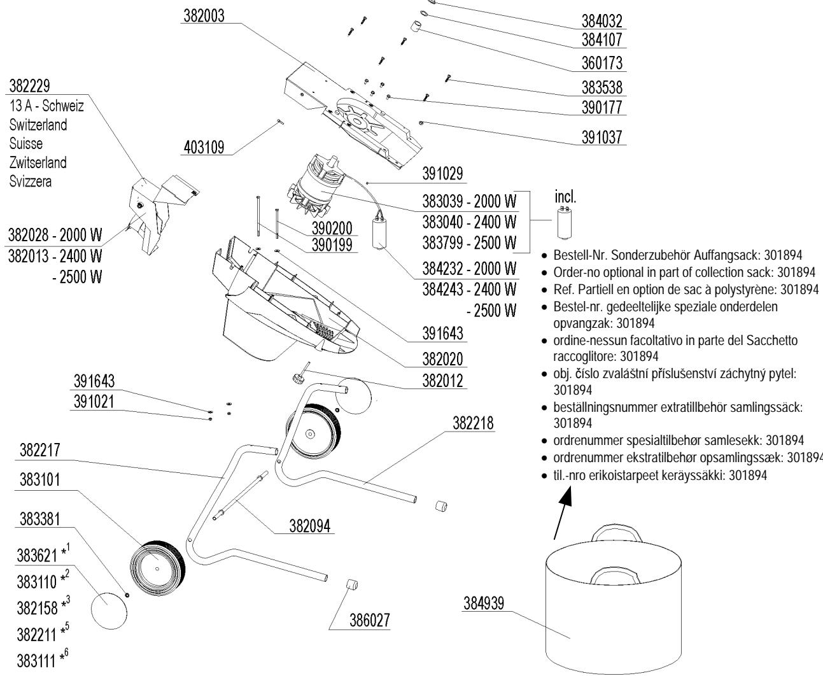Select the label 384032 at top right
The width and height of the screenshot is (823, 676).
(x=601, y=21)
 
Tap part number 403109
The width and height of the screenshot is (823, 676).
(x=202, y=148)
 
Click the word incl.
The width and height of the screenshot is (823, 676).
(x=565, y=197)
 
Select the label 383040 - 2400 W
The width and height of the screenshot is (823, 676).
(x=469, y=222)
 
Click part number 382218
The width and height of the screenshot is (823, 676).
(x=474, y=423)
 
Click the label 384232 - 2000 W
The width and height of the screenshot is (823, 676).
(x=469, y=268)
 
